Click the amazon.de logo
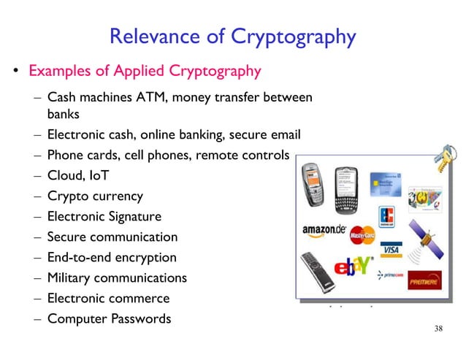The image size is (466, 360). (x=324, y=229)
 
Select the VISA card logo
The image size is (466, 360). (x=392, y=250)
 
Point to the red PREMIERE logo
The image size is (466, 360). (x=424, y=279)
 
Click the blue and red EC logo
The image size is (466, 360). (x=387, y=217)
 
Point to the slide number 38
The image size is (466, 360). (x=438, y=329)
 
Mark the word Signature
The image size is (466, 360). (x=134, y=217)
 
